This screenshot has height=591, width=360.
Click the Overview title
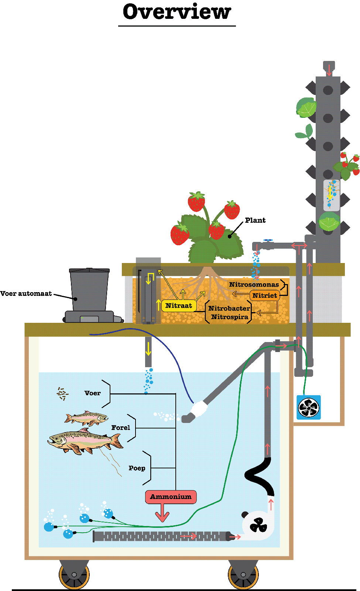click(177, 12)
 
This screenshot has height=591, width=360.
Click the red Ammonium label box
click(171, 497)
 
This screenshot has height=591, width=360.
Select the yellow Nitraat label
click(179, 305)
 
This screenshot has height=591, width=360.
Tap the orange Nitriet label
click(265, 295)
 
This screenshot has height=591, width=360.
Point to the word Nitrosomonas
click(254, 284)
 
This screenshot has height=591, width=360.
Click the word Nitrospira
click(230, 317)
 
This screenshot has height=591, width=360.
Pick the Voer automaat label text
click(26, 294)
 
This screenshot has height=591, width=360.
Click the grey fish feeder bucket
click(89, 290)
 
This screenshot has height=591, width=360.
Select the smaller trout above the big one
click(87, 419)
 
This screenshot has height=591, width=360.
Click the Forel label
click(121, 428)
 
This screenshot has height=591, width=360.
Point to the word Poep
click(137, 468)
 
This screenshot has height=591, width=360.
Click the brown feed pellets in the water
click(62, 394)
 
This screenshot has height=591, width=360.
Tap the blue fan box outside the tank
click(309, 407)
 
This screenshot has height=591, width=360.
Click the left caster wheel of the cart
click(74, 574)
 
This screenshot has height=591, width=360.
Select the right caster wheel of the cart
click(243, 574)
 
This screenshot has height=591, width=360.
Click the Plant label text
click(255, 221)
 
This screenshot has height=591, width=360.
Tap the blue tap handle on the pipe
click(268, 240)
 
